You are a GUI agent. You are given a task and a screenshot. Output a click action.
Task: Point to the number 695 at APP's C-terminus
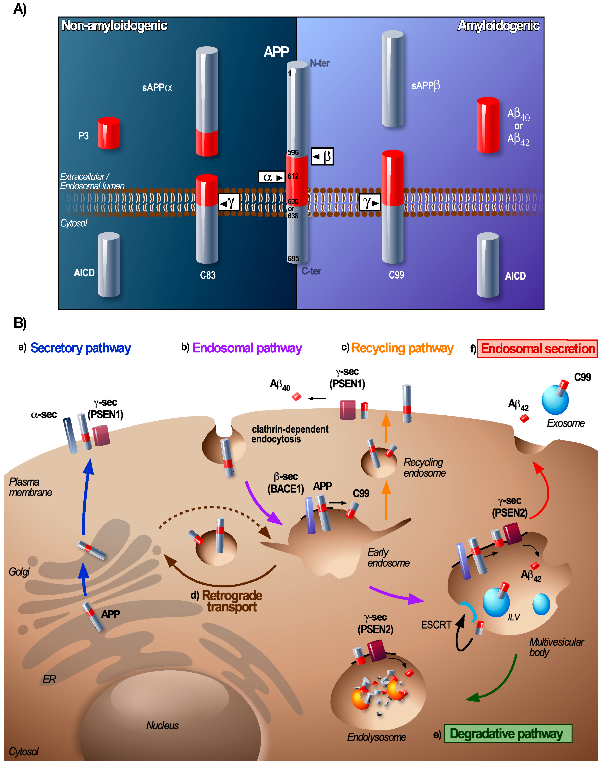[x=293, y=258]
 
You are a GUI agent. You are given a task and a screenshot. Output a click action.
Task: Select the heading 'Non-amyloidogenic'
[x=114, y=25]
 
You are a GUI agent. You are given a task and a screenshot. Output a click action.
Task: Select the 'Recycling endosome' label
[x=424, y=468]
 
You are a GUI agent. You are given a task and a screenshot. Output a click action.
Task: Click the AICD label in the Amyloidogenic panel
[x=515, y=276]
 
